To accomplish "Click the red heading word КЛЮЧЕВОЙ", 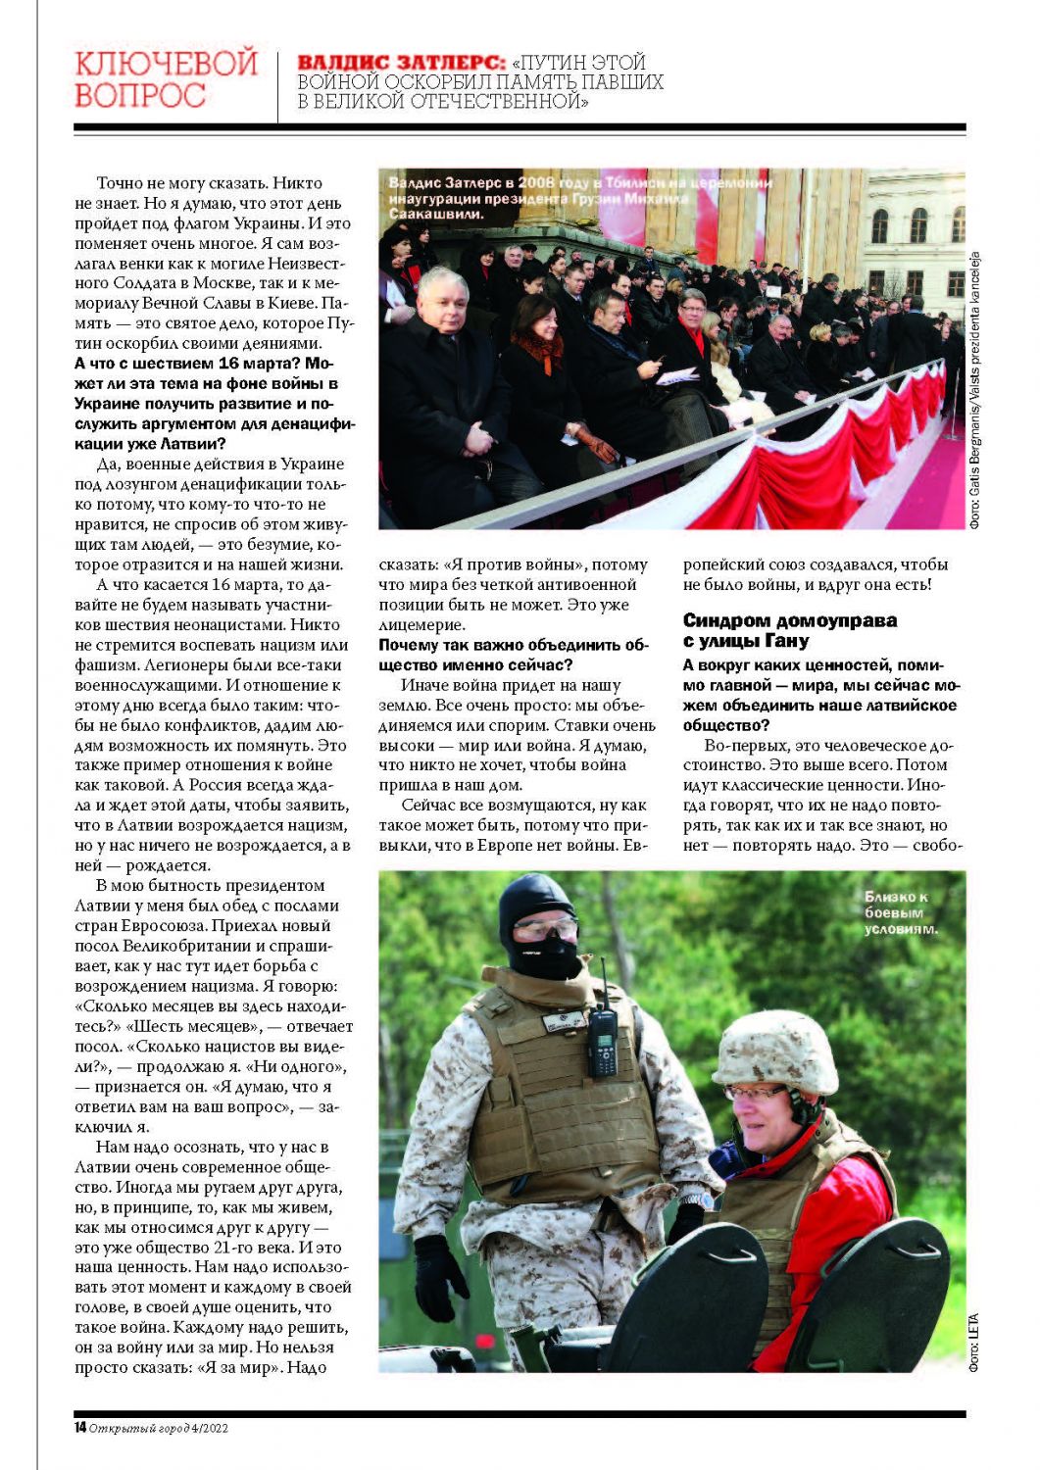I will [x=166, y=64].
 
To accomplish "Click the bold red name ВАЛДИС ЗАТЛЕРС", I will [x=401, y=63].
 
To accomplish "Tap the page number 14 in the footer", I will [x=79, y=1428].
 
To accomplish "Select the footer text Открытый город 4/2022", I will [x=158, y=1428].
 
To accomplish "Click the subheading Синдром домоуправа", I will [x=789, y=620].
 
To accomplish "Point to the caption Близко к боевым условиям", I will [x=900, y=912].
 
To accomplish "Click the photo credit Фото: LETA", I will [x=973, y=1342].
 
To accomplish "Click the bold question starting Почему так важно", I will [x=514, y=655].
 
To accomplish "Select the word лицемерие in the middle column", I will [x=421, y=624].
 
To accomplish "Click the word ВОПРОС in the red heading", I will [x=140, y=96].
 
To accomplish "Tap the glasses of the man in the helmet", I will [x=755, y=1092].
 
